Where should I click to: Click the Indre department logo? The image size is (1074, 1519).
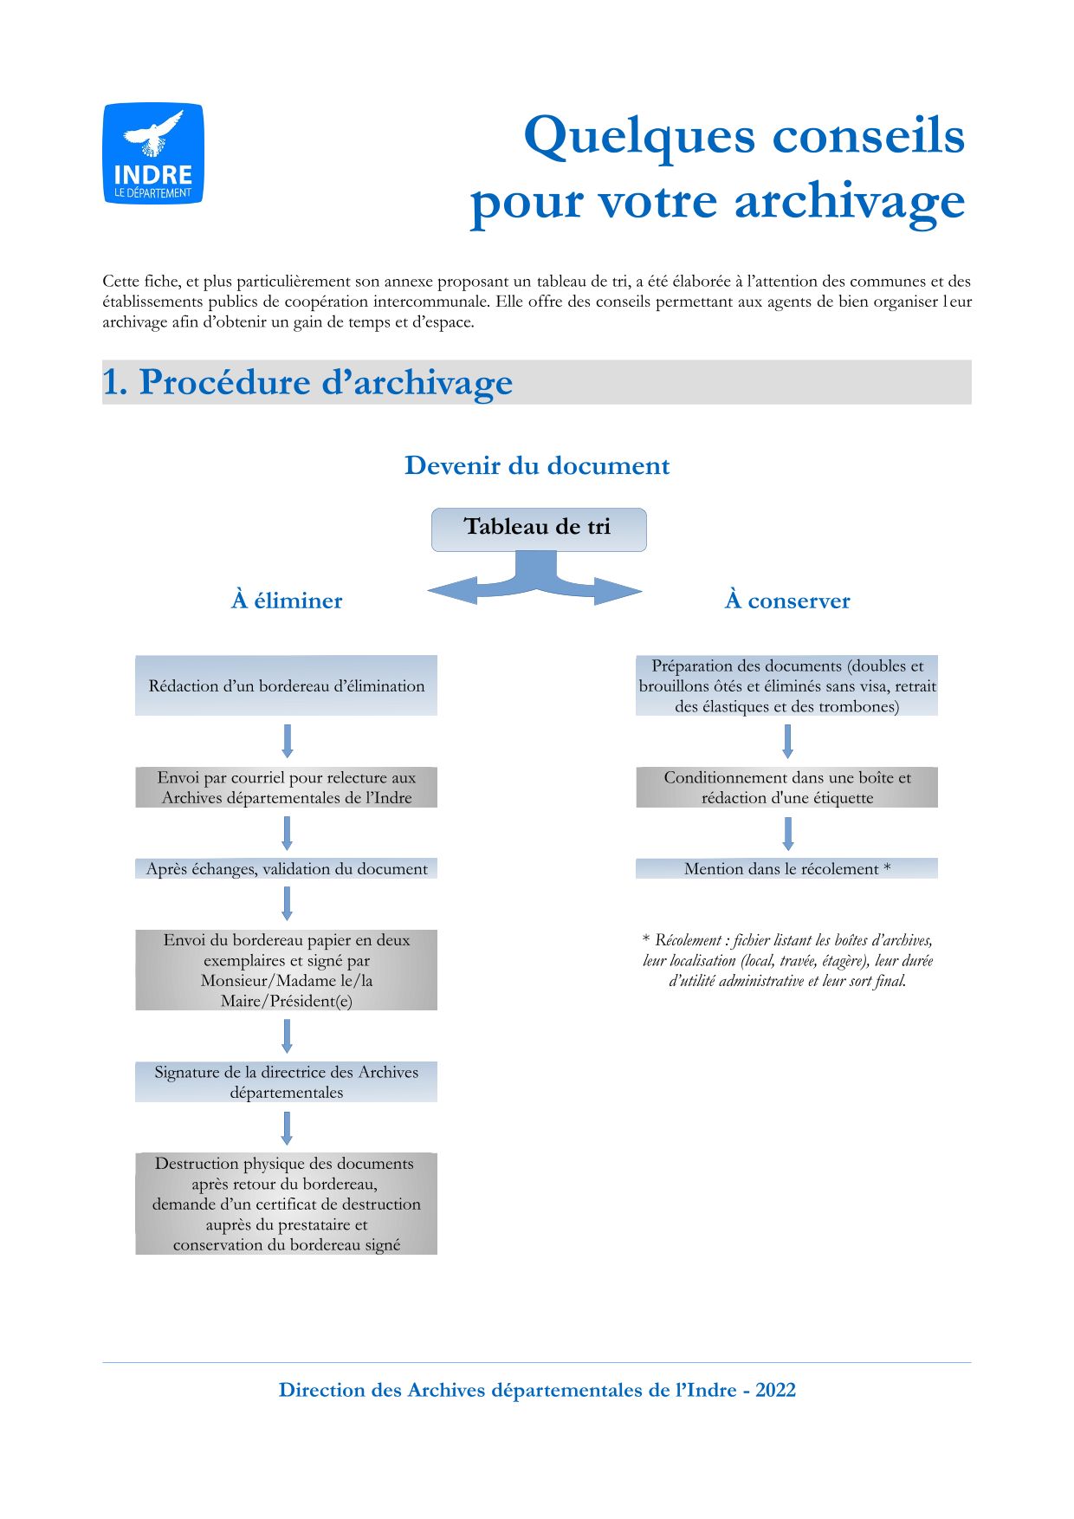click(153, 154)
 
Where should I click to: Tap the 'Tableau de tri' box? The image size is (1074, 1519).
click(538, 529)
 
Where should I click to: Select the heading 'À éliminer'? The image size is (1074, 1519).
click(287, 600)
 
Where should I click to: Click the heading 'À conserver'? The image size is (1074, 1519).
click(787, 600)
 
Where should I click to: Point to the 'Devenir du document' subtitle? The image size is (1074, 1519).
click(537, 466)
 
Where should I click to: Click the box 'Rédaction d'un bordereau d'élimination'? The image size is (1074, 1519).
click(287, 685)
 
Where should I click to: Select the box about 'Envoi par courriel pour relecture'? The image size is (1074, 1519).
click(287, 788)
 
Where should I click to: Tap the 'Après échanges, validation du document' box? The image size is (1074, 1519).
click(287, 869)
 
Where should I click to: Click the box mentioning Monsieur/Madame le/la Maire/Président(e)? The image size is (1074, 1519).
click(287, 970)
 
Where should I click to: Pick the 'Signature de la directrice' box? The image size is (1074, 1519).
click(287, 1082)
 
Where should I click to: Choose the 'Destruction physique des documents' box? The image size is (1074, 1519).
click(287, 1204)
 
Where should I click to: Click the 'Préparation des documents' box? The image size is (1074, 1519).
click(787, 685)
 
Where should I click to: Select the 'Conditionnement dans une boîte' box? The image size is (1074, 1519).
click(787, 788)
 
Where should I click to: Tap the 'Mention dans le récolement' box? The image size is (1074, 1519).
click(787, 869)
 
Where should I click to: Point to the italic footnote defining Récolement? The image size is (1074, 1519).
click(787, 960)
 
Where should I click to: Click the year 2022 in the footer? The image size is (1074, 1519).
click(775, 1390)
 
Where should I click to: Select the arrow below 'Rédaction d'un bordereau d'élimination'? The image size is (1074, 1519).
click(288, 741)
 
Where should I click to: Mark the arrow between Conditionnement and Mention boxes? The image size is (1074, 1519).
click(787, 834)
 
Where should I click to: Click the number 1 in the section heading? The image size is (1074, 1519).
click(113, 383)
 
